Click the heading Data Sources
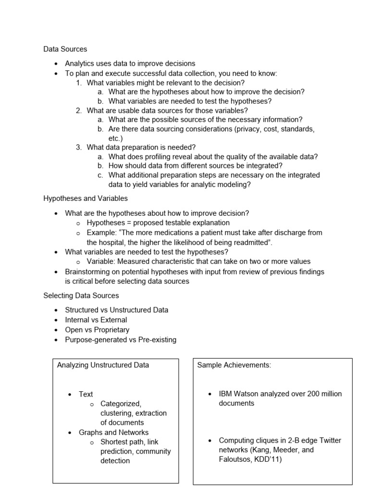pyautogui.click(x=65, y=49)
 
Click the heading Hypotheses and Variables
pyautogui.click(x=86, y=198)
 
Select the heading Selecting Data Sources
pyautogui.click(x=81, y=295)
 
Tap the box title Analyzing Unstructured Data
pyautogui.click(x=103, y=365)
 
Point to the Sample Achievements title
pyautogui.click(x=234, y=365)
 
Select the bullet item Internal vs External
pyautogui.click(x=96, y=320)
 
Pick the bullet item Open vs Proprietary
pyautogui.click(x=97, y=330)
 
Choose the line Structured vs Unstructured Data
pyautogui.click(x=117, y=310)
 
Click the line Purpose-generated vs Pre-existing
pyautogui.click(x=121, y=340)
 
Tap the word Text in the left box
pyautogui.click(x=86, y=394)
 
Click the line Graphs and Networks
pyautogui.click(x=114, y=433)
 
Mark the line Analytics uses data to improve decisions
pyautogui.click(x=130, y=63)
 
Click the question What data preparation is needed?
pyautogui.click(x=141, y=147)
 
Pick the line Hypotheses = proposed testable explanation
pyautogui.click(x=158, y=223)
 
